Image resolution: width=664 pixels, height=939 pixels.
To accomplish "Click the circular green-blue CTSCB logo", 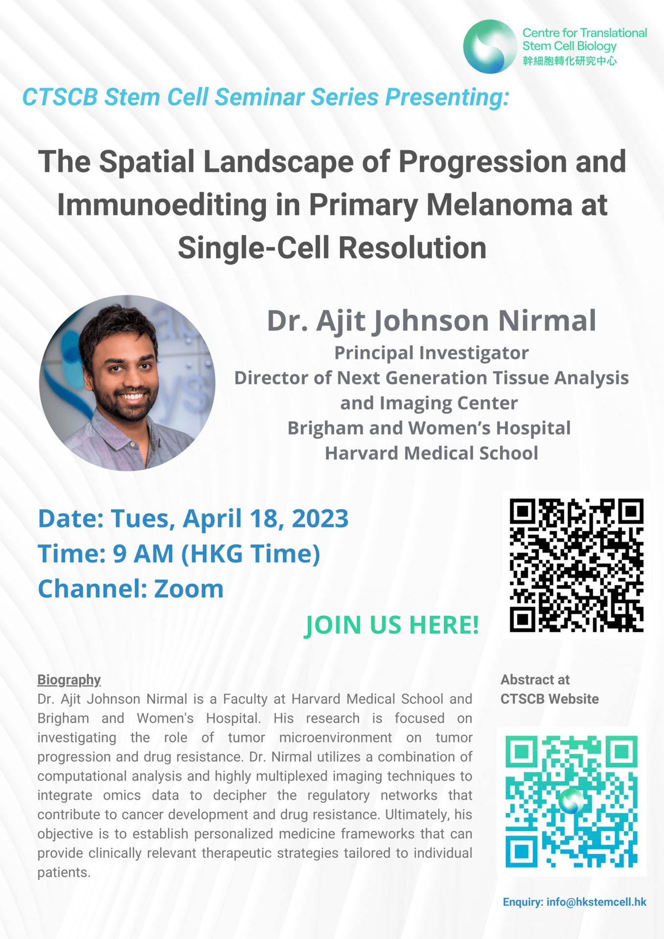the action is (x=490, y=46).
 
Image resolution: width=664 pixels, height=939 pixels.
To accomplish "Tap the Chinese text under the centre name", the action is (x=569, y=61).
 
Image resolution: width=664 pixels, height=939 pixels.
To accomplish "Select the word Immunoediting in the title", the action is (x=162, y=205).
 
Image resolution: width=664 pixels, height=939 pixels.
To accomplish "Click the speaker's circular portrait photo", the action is (x=127, y=383).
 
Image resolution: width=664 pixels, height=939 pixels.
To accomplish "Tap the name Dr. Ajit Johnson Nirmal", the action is (x=431, y=321).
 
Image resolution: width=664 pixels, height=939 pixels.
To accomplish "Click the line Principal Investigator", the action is (x=431, y=353).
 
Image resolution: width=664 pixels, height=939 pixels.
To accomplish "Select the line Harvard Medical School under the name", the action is (x=431, y=453).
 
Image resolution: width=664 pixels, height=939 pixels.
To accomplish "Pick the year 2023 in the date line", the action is (x=320, y=518).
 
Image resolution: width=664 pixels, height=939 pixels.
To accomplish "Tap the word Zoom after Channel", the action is (x=189, y=589).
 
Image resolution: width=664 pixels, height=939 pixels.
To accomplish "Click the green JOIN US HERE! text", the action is (x=391, y=625).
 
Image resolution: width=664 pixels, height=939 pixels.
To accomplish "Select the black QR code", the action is (x=576, y=565).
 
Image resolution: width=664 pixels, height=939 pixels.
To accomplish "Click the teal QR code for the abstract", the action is (x=571, y=801).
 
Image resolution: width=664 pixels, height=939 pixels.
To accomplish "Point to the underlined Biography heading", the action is (x=69, y=680).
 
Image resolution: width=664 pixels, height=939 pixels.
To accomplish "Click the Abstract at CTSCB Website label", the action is (x=550, y=689).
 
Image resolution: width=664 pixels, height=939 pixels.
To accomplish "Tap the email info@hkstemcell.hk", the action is (x=596, y=902).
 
